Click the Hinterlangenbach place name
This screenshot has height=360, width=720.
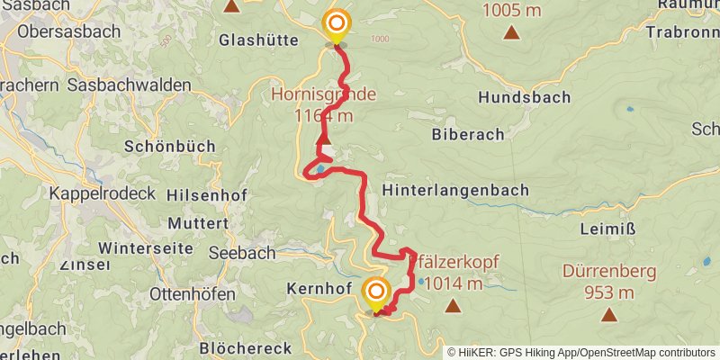coord(455,191)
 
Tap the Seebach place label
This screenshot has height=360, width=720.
coord(242,253)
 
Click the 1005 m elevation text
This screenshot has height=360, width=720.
coord(511,12)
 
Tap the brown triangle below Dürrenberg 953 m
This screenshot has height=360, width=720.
coord(610,315)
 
